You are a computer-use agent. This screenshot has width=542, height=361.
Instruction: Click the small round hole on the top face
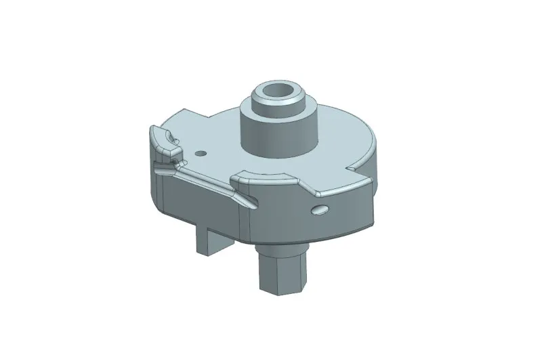point(199,153)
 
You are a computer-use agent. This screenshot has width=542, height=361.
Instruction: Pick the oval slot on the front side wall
point(320,209)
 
